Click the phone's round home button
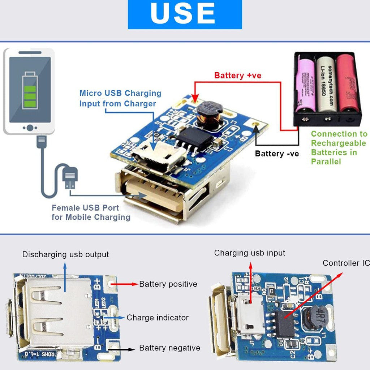click(x=30, y=128)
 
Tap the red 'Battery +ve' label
click(x=237, y=76)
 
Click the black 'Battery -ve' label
click(x=277, y=154)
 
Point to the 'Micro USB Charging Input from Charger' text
click(x=120, y=98)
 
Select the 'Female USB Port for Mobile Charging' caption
click(x=90, y=212)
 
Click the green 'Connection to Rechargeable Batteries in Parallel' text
click(x=339, y=147)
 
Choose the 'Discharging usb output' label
click(x=65, y=254)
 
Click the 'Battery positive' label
click(x=168, y=284)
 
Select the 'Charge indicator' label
click(x=158, y=318)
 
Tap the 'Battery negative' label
click(x=169, y=348)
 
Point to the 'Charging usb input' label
click(x=250, y=253)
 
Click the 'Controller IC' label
click(x=346, y=263)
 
